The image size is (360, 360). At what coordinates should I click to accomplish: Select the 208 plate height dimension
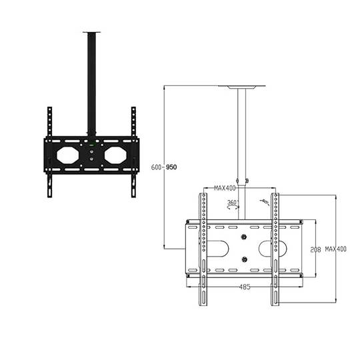(316, 249)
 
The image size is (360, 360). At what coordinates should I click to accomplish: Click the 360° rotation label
(232, 202)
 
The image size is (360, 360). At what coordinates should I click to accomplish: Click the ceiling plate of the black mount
(91, 31)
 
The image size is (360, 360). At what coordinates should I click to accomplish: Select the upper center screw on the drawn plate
(244, 237)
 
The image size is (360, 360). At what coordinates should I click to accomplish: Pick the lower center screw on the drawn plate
(244, 259)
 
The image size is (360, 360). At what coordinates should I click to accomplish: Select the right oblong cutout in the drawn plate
(275, 248)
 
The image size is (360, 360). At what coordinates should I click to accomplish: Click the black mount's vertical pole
(91, 80)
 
